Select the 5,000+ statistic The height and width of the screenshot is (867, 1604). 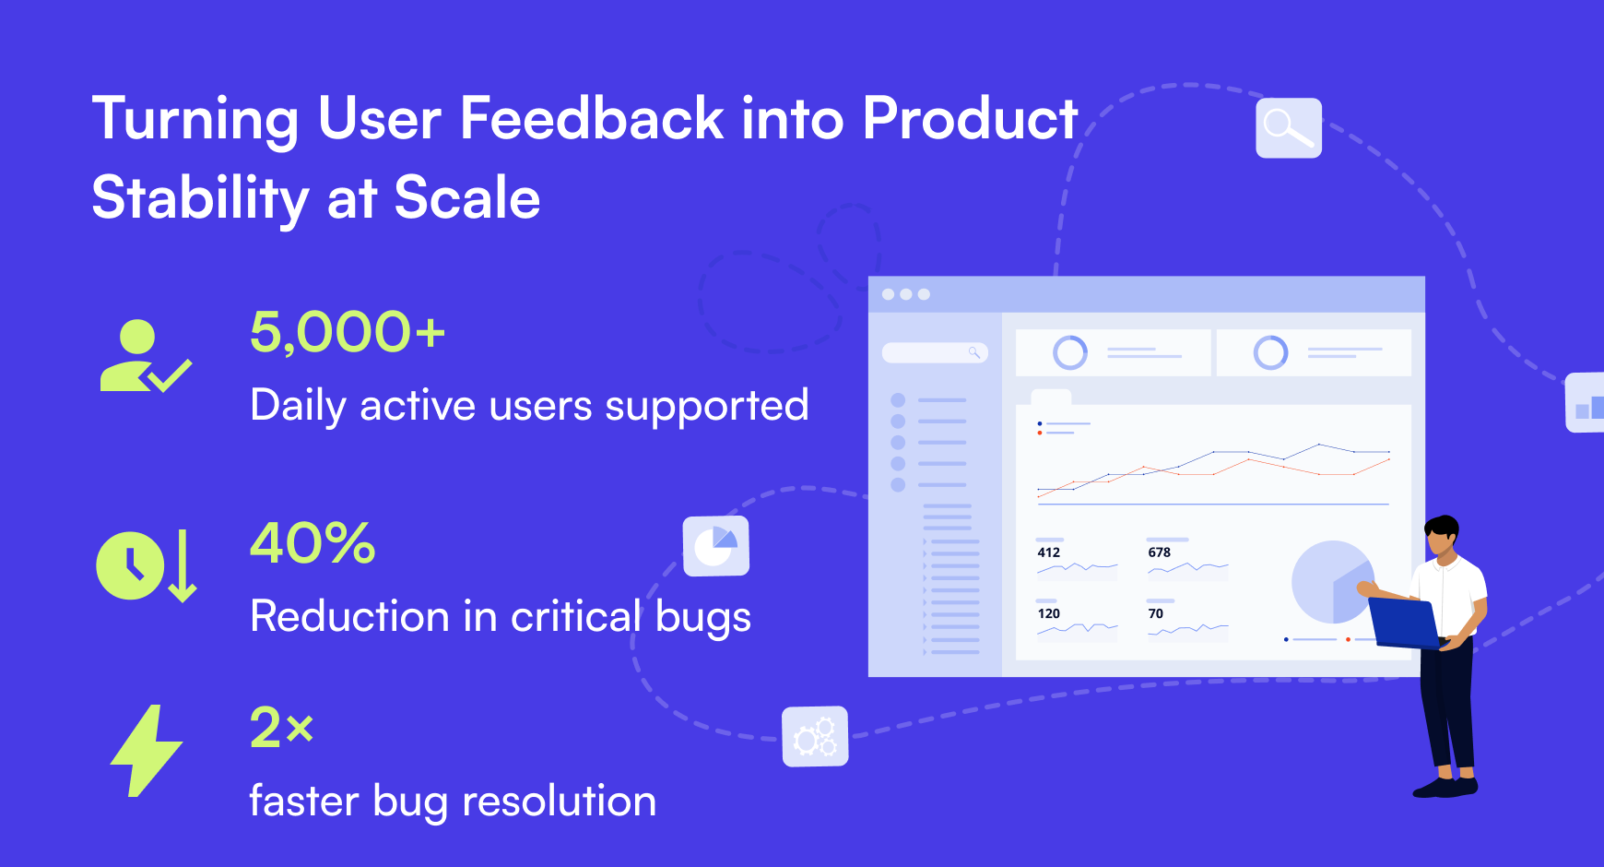348,332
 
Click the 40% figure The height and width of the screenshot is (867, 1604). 313,542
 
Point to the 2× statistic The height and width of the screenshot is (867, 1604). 282,727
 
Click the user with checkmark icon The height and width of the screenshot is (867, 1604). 145,356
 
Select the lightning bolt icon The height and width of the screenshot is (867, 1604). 147,751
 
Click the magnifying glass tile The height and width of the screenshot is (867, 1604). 1289,127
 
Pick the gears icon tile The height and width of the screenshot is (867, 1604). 815,736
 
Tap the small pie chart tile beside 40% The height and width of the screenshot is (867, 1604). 716,546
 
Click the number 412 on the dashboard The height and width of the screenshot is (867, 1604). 1049,552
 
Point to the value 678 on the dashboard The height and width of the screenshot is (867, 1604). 1160,552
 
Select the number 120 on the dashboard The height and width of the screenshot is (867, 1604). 1049,613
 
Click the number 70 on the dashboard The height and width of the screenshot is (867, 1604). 1156,613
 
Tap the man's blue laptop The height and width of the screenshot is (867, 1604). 1403,623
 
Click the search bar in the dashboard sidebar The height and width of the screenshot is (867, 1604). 935,352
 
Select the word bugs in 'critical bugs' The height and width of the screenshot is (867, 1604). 703,618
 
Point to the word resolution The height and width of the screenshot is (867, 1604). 560,801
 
